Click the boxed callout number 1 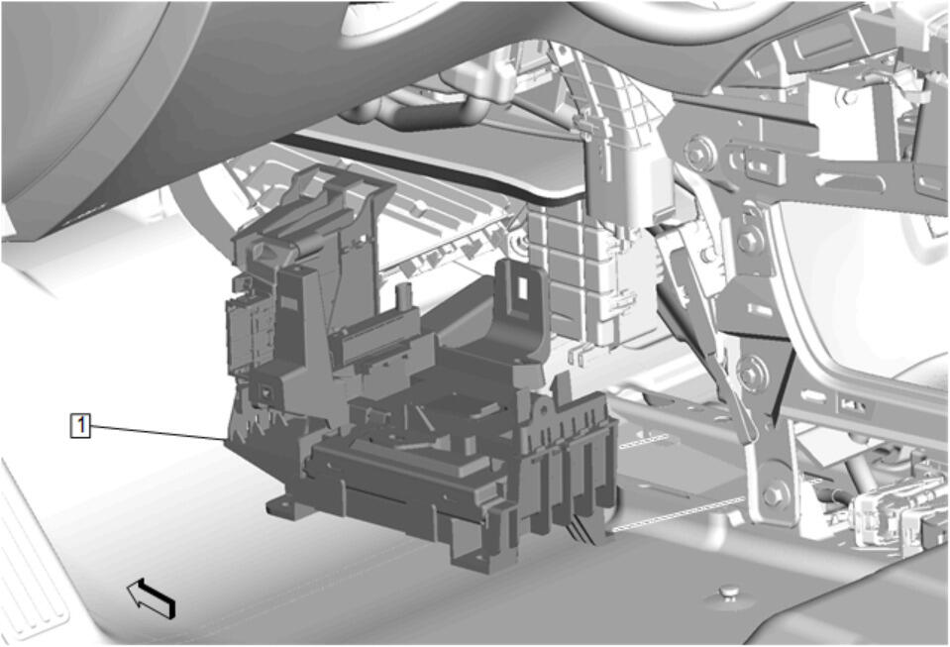pos(80,425)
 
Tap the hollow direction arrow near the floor pos(151,597)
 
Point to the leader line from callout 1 pos(158,432)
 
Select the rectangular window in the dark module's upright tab pos(520,286)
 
